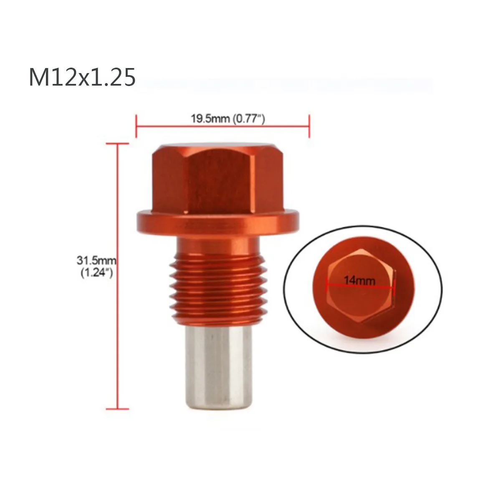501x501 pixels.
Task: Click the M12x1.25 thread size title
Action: pyautogui.click(x=82, y=77)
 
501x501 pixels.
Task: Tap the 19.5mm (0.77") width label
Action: pyautogui.click(x=228, y=119)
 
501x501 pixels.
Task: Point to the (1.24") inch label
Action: pyautogui.click(x=96, y=273)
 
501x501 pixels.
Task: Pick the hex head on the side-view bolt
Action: pyautogui.click(x=218, y=180)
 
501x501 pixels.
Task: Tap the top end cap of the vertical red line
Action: pyautogui.click(x=118, y=144)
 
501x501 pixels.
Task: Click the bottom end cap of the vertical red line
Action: pyautogui.click(x=118, y=408)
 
